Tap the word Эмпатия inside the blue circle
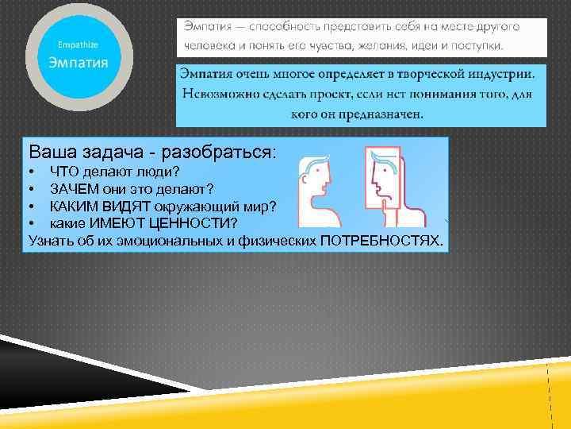coord(79,62)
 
